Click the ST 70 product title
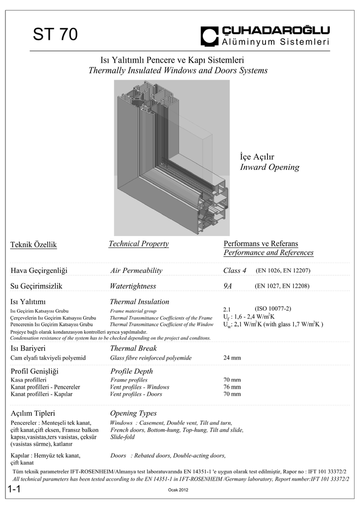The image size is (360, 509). coord(55,35)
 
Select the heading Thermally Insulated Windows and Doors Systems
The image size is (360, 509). coord(178,71)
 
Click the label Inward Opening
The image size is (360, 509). coord(270,168)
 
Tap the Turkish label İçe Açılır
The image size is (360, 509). coord(257,157)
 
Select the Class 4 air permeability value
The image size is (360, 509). coord(235,271)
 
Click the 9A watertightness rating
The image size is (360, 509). coord(228,286)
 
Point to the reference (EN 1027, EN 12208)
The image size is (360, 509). coord(282,286)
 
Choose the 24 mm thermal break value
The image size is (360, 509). coord(232,358)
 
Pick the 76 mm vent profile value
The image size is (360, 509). coord(232,387)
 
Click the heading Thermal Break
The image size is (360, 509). coord(133,349)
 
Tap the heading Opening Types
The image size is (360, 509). coord(133,413)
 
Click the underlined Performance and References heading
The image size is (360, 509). coord(269,253)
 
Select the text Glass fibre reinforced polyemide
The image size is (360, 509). coord(151,358)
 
